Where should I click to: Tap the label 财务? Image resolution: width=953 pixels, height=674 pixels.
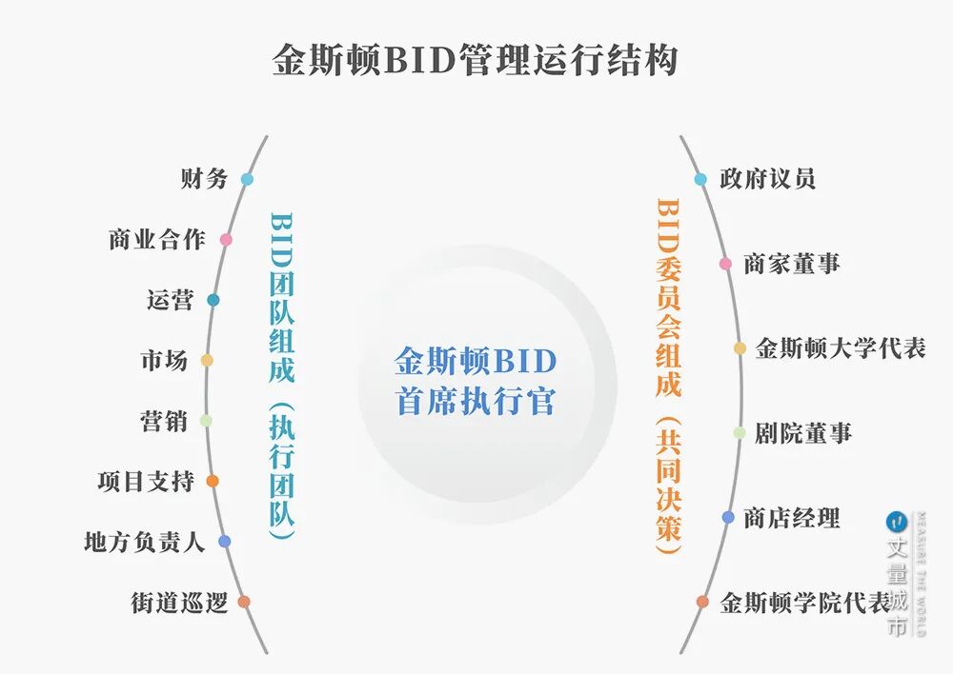(x=204, y=179)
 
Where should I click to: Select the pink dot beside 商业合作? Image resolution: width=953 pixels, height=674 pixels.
(x=226, y=240)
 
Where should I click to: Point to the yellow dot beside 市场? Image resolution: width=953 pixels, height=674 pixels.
(x=207, y=361)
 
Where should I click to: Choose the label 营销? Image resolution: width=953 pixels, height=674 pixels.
(x=164, y=421)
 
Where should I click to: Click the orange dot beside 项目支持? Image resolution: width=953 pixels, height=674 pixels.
(x=213, y=482)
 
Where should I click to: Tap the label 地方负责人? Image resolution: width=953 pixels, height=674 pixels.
(x=144, y=543)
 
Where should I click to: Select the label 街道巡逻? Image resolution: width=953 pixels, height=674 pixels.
(x=179, y=603)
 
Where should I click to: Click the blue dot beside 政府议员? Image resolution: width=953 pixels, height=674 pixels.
(x=700, y=179)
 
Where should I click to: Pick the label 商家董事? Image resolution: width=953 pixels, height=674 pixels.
(x=792, y=264)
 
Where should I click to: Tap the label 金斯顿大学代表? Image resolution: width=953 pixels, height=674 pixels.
(x=841, y=348)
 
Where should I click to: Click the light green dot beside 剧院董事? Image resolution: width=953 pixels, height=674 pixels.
(x=740, y=433)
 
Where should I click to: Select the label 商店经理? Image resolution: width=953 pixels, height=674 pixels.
(x=792, y=518)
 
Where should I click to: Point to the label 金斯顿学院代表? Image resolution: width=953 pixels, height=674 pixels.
(x=805, y=603)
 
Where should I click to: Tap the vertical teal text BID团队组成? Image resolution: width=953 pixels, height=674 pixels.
(x=282, y=295)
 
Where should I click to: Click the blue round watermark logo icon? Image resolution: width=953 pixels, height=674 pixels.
(x=895, y=522)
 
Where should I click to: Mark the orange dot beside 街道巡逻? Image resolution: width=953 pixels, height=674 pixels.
(x=244, y=602)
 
